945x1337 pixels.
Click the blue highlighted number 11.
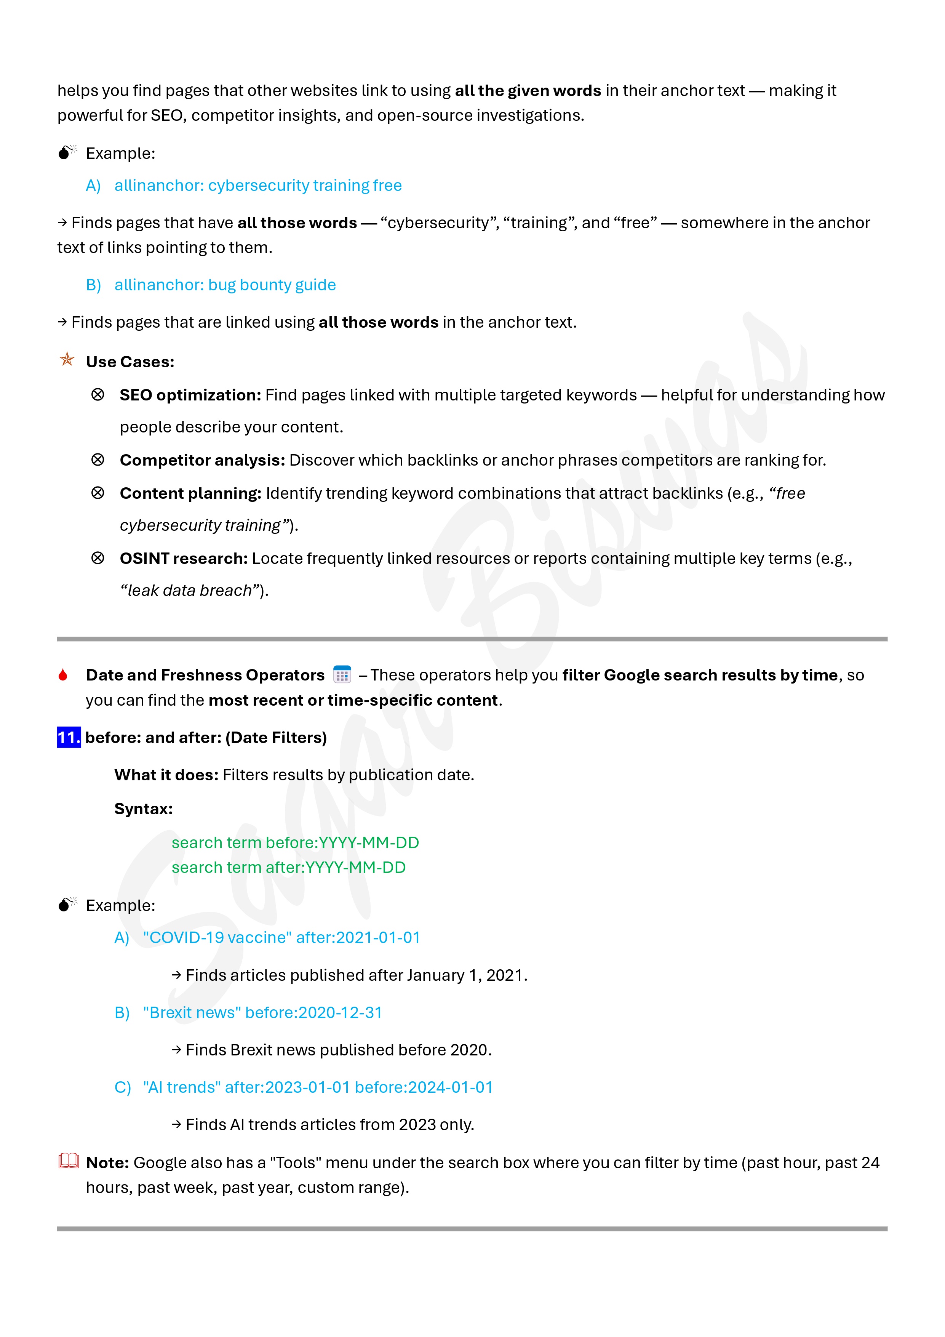(x=69, y=737)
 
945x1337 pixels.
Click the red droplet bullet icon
(x=63, y=675)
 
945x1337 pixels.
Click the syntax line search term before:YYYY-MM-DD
(x=295, y=842)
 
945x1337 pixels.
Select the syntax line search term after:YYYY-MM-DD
(x=288, y=867)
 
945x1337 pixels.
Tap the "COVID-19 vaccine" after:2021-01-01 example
(x=281, y=938)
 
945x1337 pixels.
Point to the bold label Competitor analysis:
(x=202, y=460)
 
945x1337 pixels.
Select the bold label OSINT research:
(x=184, y=559)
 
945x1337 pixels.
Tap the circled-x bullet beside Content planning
(x=98, y=493)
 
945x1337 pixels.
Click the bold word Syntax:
(x=143, y=809)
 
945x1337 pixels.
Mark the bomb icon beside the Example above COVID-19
(x=67, y=904)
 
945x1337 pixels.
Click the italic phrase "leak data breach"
(x=190, y=591)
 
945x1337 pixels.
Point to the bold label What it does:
(x=166, y=775)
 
